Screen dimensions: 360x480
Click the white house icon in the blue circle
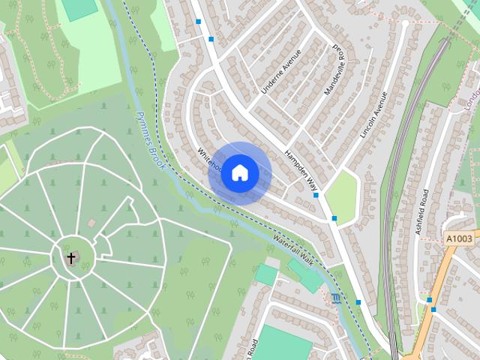[x=238, y=172]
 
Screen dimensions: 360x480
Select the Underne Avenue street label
[x=280, y=71]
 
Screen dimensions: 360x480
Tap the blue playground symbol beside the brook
[x=334, y=298]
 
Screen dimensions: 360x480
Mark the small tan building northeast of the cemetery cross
[x=91, y=223]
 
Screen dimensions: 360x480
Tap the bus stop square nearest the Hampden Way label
[x=316, y=195]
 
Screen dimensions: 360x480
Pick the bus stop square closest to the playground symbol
[x=358, y=302]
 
